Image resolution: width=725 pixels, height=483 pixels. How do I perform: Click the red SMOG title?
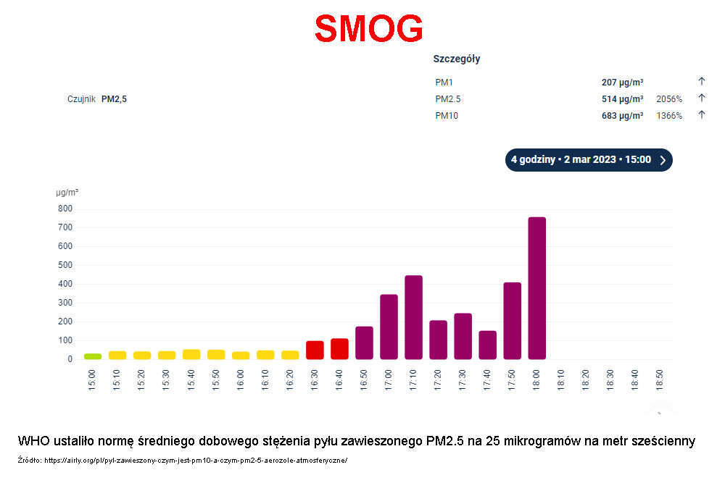pyautogui.click(x=369, y=29)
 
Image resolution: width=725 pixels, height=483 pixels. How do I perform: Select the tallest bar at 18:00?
pyautogui.click(x=536, y=288)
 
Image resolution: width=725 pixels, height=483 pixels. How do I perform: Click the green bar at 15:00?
pyautogui.click(x=93, y=356)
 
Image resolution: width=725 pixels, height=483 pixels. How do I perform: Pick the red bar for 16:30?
pyautogui.click(x=315, y=350)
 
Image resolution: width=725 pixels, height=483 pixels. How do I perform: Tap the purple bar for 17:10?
pyautogui.click(x=413, y=317)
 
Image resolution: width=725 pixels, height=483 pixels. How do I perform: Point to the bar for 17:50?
pyautogui.click(x=513, y=321)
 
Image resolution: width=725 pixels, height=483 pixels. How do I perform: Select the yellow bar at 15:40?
pyautogui.click(x=191, y=354)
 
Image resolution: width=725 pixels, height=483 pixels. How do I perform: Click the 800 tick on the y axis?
pyautogui.click(x=65, y=209)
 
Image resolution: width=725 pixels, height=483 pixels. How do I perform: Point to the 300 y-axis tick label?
pyautogui.click(x=65, y=303)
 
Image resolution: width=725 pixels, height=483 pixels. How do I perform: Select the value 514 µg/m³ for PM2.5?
pyautogui.click(x=622, y=98)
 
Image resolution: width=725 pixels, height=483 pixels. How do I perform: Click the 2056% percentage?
pyautogui.click(x=669, y=98)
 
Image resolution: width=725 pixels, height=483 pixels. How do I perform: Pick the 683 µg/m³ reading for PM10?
pyautogui.click(x=622, y=115)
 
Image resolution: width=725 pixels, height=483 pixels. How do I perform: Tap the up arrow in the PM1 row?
pyautogui.click(x=701, y=81)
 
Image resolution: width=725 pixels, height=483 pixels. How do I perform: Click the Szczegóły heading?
pyautogui.click(x=456, y=59)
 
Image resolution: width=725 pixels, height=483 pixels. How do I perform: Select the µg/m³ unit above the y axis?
pyautogui.click(x=67, y=193)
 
